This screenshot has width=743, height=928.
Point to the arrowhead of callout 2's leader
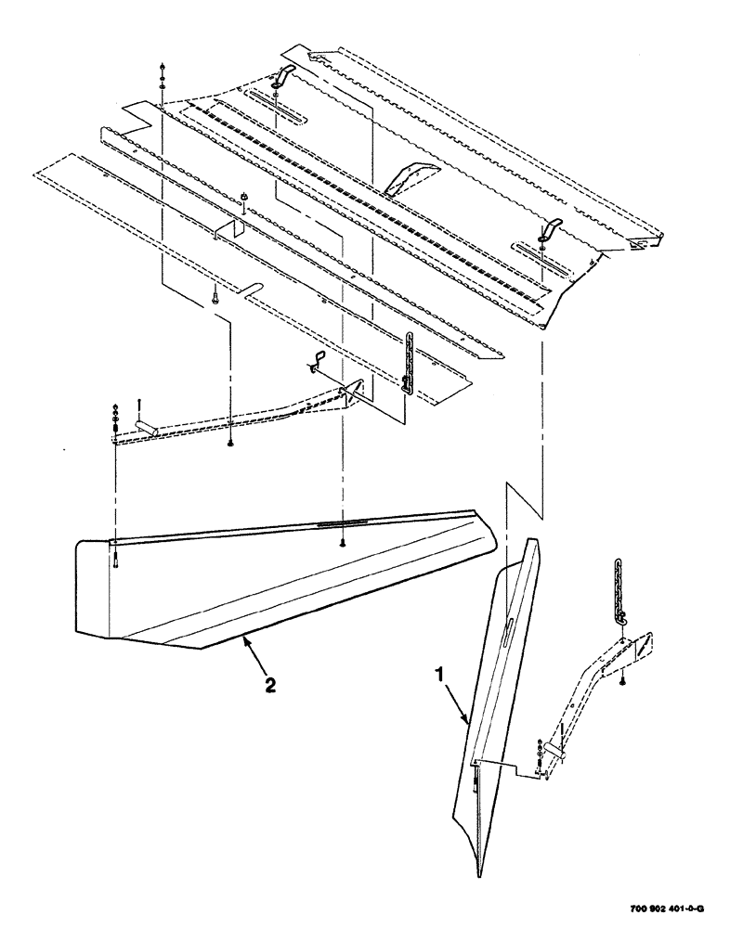click(242, 639)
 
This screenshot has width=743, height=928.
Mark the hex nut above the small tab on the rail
click(241, 196)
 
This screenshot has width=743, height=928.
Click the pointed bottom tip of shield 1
click(478, 872)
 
